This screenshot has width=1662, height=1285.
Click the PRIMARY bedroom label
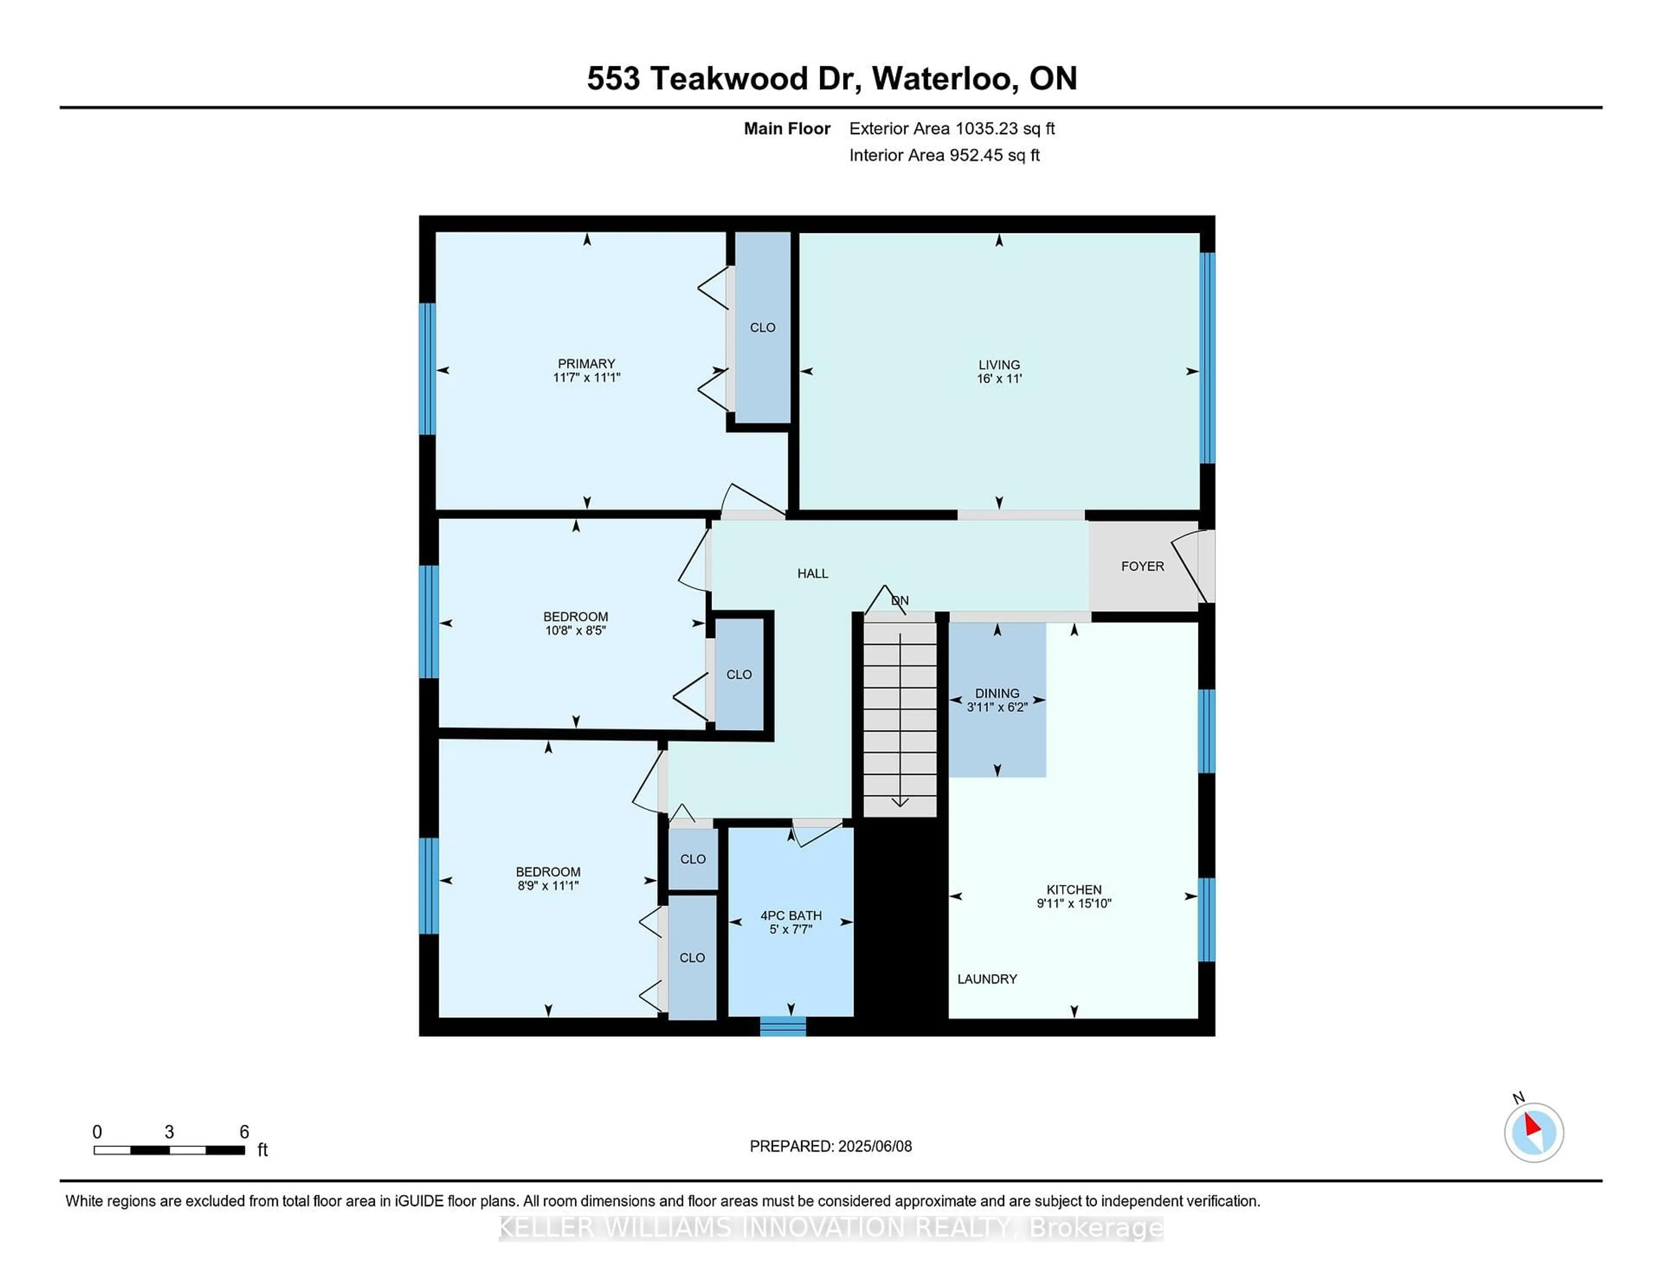(x=586, y=364)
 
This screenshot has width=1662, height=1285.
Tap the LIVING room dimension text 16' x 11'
(x=998, y=378)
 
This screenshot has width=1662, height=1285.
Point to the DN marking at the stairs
(x=900, y=601)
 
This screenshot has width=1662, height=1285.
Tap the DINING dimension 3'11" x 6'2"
(x=997, y=707)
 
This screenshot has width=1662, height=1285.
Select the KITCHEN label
(x=1074, y=890)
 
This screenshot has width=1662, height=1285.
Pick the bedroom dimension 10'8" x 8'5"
(x=575, y=630)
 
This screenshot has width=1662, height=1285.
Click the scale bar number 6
(x=244, y=1132)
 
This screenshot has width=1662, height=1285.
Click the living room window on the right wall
(x=1207, y=358)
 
